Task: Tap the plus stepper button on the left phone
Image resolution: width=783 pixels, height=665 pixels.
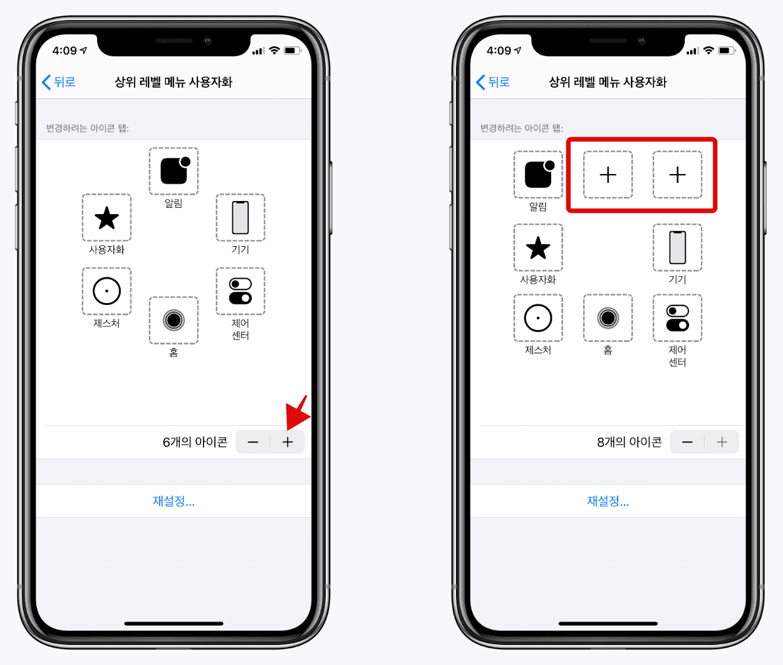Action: [288, 442]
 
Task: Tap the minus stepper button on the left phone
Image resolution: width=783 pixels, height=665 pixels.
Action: [252, 442]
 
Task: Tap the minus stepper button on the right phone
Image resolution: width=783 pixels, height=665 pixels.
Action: [687, 442]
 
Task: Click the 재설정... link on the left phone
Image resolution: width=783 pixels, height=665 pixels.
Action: [174, 501]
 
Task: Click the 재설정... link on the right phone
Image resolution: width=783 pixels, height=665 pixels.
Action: [608, 501]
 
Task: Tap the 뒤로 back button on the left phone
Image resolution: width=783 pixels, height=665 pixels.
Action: [59, 82]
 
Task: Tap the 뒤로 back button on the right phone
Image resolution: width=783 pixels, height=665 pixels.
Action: [493, 82]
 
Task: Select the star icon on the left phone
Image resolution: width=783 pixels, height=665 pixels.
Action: [106, 218]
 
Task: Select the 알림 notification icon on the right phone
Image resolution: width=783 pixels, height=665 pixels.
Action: [538, 175]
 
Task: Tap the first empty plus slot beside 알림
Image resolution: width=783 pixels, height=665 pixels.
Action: [608, 175]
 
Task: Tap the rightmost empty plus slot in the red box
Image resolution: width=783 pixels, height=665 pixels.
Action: [677, 175]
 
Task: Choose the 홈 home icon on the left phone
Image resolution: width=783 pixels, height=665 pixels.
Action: [174, 321]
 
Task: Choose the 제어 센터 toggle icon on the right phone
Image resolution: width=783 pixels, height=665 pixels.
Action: [677, 318]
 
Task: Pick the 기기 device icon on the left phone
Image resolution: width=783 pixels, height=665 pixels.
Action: [240, 218]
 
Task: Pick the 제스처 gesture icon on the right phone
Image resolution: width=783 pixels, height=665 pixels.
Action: [538, 318]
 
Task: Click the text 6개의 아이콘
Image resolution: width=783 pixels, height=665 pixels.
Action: [195, 442]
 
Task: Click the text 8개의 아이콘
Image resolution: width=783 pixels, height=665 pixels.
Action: [629, 442]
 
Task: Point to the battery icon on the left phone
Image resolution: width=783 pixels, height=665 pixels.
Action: [292, 50]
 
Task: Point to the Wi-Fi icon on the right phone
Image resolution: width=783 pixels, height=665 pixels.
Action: [708, 50]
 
